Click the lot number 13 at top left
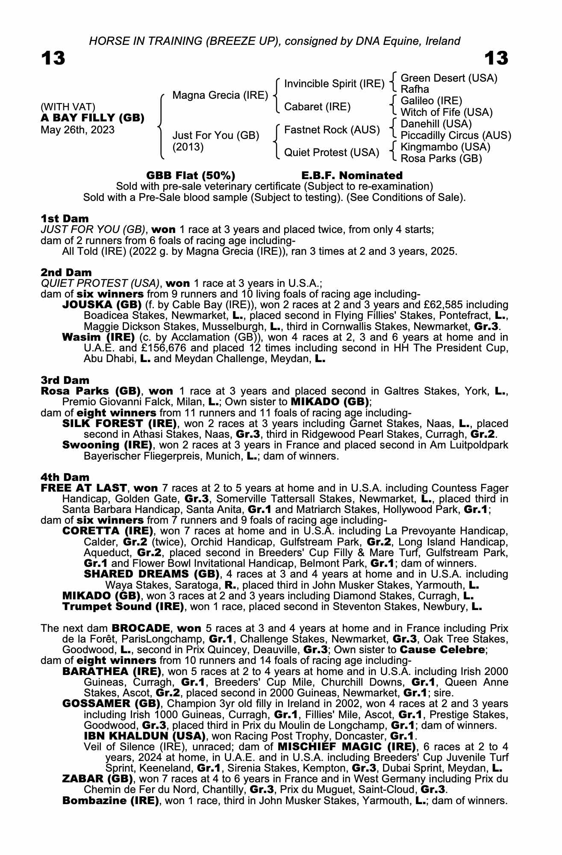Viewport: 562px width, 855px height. pyautogui.click(x=53, y=59)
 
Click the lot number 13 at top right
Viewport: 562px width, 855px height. pyautogui.click(x=496, y=59)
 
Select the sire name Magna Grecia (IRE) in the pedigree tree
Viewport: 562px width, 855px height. pyautogui.click(x=220, y=95)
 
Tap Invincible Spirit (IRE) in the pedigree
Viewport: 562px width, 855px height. pyautogui.click(x=334, y=83)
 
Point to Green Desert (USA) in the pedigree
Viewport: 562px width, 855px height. pyautogui.click(x=449, y=78)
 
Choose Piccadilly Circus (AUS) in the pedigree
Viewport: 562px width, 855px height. pyautogui.click(x=456, y=135)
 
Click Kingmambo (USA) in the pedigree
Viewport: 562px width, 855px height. pyautogui.click(x=446, y=147)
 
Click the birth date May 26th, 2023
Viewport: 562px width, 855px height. pyautogui.click(x=78, y=130)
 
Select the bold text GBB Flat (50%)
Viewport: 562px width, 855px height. pyautogui.click(x=191, y=175)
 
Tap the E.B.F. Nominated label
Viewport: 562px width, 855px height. pyautogui.click(x=352, y=175)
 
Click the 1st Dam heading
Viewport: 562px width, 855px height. pyautogui.click(x=65, y=218)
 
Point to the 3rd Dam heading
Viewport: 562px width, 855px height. pyautogui.click(x=65, y=380)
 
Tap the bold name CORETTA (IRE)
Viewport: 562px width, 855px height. pyautogui.click(x=108, y=531)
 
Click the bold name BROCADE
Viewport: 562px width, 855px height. pyautogui.click(x=141, y=628)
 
